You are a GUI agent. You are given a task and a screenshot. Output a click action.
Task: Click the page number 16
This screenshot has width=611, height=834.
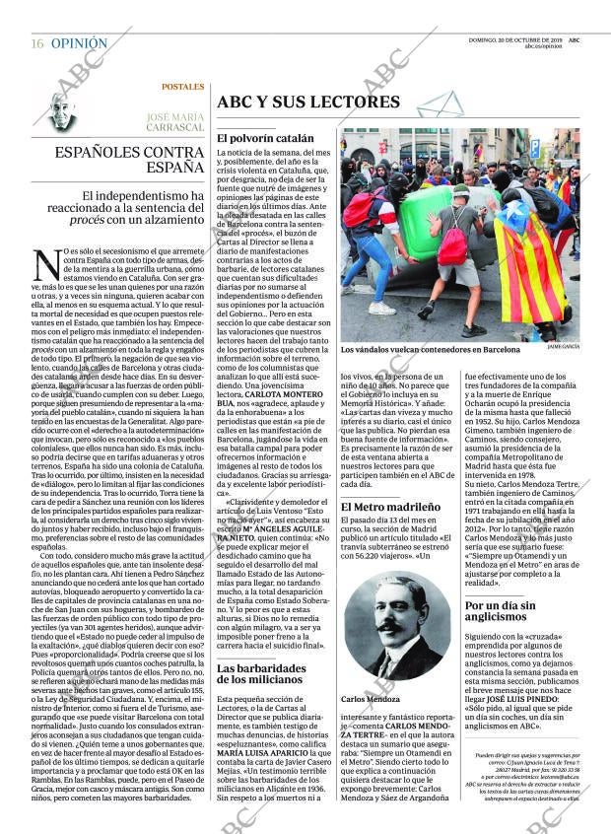pyautogui.click(x=36, y=43)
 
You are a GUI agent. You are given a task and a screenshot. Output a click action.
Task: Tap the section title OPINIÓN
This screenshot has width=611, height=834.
pyautogui.click(x=79, y=43)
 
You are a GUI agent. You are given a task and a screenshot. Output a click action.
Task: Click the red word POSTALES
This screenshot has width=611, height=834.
pyautogui.click(x=183, y=87)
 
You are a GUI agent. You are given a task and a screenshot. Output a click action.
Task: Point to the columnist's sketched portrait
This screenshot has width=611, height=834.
pyautogui.click(x=60, y=109)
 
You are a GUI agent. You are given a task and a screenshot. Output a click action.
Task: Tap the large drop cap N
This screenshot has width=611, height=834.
pyautogui.click(x=46, y=265)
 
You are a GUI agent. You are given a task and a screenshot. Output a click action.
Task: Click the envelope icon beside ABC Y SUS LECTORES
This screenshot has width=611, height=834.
pyautogui.click(x=438, y=102)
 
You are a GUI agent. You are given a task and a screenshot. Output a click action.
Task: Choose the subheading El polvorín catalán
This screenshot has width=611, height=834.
pyautogui.click(x=265, y=139)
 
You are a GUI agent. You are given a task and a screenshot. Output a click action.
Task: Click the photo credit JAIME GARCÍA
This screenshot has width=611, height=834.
pyautogui.click(x=563, y=348)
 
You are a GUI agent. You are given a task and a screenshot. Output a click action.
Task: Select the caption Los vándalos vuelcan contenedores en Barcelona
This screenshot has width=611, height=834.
pyautogui.click(x=430, y=350)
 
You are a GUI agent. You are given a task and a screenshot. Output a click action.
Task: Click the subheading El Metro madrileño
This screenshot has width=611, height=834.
pyautogui.click(x=389, y=508)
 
